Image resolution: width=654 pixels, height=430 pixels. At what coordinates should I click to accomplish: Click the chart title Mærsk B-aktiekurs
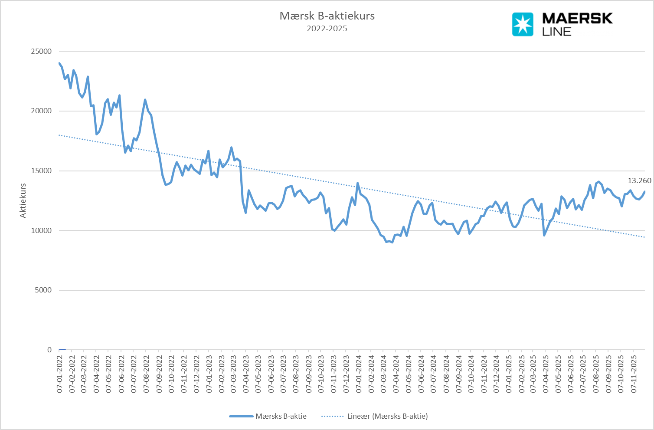click(327, 16)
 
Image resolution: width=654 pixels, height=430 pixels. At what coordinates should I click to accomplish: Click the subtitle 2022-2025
click(327, 29)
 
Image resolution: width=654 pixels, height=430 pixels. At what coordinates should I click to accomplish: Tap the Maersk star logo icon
click(523, 24)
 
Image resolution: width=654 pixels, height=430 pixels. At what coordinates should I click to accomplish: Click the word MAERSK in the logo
click(577, 18)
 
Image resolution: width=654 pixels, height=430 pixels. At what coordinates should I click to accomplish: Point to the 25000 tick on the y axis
click(41, 51)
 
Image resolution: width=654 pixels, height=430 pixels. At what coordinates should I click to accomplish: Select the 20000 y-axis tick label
click(41, 111)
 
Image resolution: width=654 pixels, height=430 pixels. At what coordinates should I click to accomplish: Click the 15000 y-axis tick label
click(41, 171)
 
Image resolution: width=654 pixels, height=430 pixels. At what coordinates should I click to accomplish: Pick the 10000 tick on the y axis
click(41, 230)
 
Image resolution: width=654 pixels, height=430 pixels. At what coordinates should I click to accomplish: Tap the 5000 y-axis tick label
click(43, 290)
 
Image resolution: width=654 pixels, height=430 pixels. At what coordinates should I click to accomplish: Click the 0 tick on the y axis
click(49, 350)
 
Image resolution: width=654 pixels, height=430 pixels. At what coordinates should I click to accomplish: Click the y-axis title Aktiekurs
click(23, 200)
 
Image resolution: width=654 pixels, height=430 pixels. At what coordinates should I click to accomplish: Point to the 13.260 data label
click(639, 181)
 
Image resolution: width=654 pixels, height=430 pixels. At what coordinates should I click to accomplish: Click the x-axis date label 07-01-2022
click(60, 374)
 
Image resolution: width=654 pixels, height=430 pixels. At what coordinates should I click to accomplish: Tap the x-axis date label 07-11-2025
click(633, 374)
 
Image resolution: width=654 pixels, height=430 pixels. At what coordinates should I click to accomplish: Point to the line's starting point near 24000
click(59, 63)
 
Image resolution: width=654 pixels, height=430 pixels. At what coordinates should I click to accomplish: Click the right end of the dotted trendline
click(644, 237)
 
